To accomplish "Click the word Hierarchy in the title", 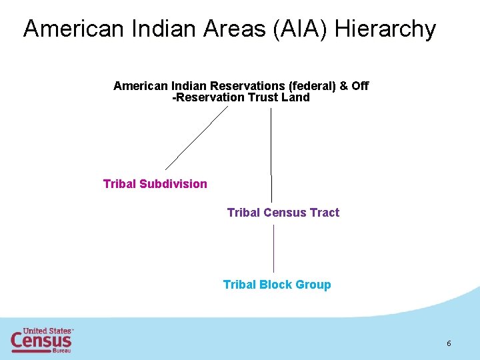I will click(385, 29).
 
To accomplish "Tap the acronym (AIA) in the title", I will click(301, 29).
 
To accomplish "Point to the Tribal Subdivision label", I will click(155, 184).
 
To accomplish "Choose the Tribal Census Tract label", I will click(283, 213).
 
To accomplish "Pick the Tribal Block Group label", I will click(277, 285).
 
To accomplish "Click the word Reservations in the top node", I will click(247, 86).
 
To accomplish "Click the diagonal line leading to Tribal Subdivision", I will click(197, 138).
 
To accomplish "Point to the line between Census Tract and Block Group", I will click(273, 248).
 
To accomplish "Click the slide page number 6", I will click(449, 343).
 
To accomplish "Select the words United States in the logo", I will click(47, 331).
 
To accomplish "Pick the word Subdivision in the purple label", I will click(173, 184).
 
